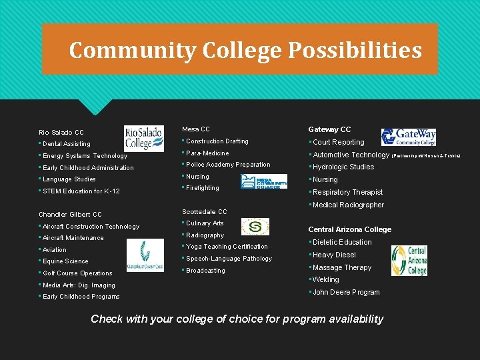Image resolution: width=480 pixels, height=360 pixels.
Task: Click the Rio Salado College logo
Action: [x=143, y=139]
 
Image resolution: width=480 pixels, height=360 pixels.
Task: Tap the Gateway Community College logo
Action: [x=409, y=137]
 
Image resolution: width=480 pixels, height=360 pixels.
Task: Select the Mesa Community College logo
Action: [x=263, y=181]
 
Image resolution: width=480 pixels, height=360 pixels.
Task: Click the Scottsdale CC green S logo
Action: [x=254, y=227]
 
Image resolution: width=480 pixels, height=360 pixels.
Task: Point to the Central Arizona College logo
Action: [x=409, y=261]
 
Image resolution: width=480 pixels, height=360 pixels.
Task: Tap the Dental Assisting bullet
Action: [x=66, y=144]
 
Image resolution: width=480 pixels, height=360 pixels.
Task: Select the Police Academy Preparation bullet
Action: [x=228, y=165]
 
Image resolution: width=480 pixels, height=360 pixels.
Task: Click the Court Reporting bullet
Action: [x=338, y=142]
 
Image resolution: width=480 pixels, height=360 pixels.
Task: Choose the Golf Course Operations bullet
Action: [x=77, y=273]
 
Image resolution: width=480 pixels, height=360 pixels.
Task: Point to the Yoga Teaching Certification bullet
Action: [x=227, y=247]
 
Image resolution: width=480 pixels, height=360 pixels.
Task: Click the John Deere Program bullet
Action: [x=345, y=292]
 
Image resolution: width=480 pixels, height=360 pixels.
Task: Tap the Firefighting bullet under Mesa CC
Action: [x=202, y=188]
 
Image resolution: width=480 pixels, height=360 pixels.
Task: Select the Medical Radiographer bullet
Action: [x=348, y=205]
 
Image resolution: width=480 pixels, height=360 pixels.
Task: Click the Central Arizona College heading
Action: [x=349, y=229]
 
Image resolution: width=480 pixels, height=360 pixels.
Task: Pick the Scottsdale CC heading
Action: [x=204, y=212]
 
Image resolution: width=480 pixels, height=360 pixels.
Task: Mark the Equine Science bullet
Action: [x=65, y=261]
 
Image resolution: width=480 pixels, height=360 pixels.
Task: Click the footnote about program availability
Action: [x=237, y=319]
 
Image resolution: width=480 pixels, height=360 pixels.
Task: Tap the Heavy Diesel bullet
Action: [x=334, y=255]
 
